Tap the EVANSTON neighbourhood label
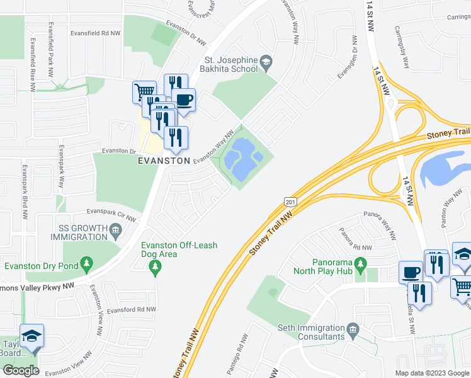click(x=164, y=161)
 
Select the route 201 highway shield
click(x=290, y=201)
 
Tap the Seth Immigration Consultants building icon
click(x=353, y=329)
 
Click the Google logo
click(x=20, y=370)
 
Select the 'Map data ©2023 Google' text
click(x=431, y=373)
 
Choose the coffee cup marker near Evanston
click(x=183, y=100)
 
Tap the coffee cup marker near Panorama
click(x=411, y=272)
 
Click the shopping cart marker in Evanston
click(x=145, y=92)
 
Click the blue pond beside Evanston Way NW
click(x=242, y=161)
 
